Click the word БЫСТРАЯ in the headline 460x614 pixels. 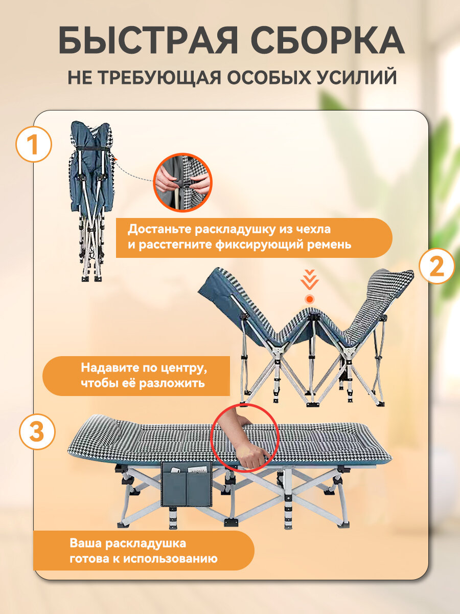coord(148,40)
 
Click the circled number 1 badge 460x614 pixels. coord(34,145)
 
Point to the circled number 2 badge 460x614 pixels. coord(437,267)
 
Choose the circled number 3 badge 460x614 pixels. coord(37,432)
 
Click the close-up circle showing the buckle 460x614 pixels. coord(182,182)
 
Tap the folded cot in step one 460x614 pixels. coord(92,201)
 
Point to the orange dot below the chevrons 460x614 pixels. coord(310,299)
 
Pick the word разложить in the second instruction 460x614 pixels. coord(172,383)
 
